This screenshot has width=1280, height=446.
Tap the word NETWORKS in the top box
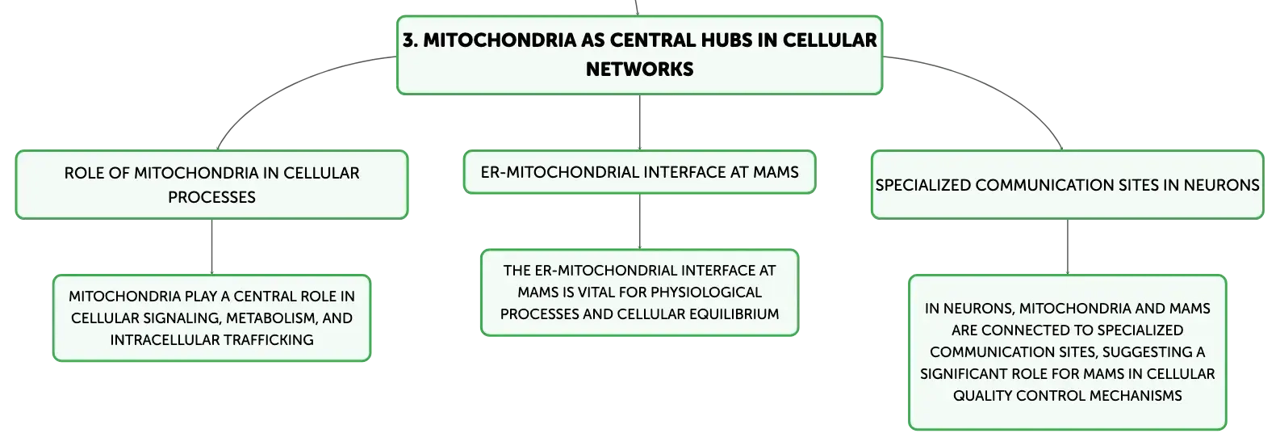click(639, 69)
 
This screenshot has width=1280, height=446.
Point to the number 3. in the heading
click(410, 40)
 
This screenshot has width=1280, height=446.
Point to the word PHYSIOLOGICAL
click(706, 292)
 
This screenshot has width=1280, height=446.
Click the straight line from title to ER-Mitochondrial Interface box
click(639, 122)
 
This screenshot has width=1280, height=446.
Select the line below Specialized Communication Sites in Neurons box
click(1068, 247)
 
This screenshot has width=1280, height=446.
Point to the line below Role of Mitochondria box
click(212, 247)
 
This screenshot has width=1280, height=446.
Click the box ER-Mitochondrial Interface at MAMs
click(639, 172)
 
